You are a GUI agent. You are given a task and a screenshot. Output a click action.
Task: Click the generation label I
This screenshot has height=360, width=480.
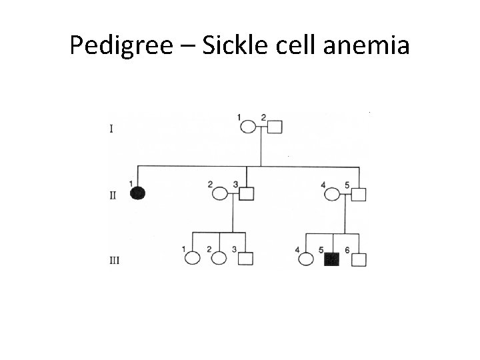click(x=111, y=127)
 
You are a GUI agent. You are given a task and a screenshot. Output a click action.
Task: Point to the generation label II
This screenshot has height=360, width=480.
click(x=112, y=195)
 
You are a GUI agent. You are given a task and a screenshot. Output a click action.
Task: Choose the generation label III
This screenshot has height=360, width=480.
click(x=114, y=261)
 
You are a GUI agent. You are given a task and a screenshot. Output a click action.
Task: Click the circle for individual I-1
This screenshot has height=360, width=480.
click(x=248, y=127)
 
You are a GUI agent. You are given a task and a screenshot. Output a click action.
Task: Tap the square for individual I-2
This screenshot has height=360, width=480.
click(x=273, y=127)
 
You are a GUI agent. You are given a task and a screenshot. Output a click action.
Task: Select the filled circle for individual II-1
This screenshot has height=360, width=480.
click(x=138, y=193)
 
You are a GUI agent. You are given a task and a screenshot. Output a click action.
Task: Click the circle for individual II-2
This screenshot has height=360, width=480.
click(x=220, y=194)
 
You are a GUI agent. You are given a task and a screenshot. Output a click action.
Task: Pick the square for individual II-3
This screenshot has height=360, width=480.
click(x=247, y=194)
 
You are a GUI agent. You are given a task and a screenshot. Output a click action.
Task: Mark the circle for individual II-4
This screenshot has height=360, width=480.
click(x=333, y=194)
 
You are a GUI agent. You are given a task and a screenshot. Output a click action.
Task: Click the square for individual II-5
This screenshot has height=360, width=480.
click(x=359, y=194)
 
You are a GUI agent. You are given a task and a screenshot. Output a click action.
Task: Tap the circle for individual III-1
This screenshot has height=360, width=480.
click(x=193, y=259)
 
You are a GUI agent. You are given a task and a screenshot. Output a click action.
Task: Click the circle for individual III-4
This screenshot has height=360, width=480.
click(x=306, y=259)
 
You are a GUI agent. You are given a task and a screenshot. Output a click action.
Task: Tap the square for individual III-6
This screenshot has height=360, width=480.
click(x=359, y=259)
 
